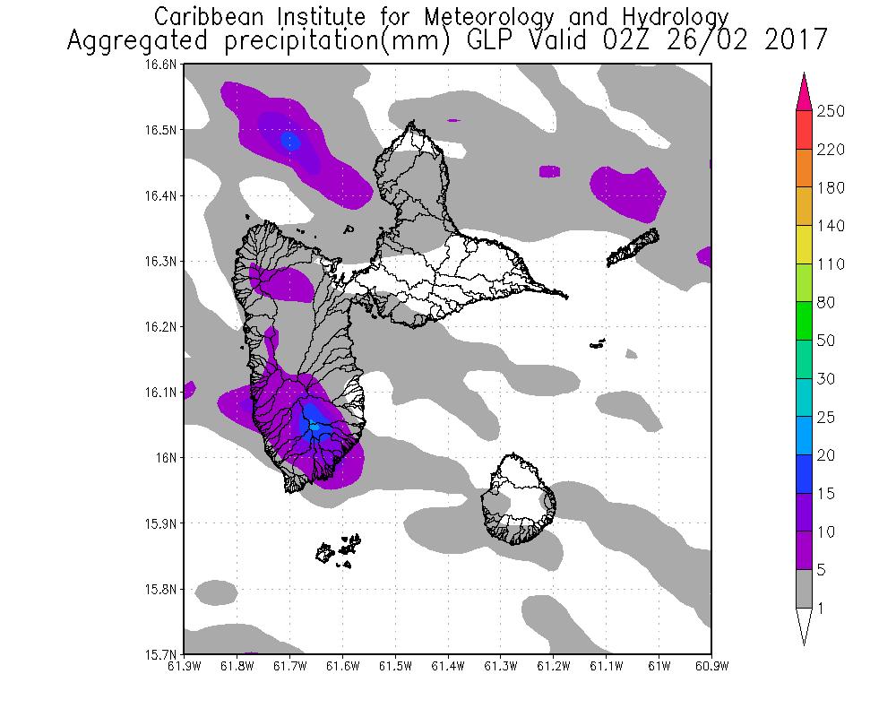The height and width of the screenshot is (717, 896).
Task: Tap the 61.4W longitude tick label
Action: (447, 666)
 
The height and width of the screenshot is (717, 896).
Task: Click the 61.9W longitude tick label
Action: (183, 666)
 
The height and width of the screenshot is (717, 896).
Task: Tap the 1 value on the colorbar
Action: (820, 609)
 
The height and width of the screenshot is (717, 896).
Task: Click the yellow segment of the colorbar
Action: (805, 245)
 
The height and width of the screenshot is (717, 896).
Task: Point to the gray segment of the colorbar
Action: (805, 589)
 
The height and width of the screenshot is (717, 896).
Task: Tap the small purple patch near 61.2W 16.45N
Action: (549, 170)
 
